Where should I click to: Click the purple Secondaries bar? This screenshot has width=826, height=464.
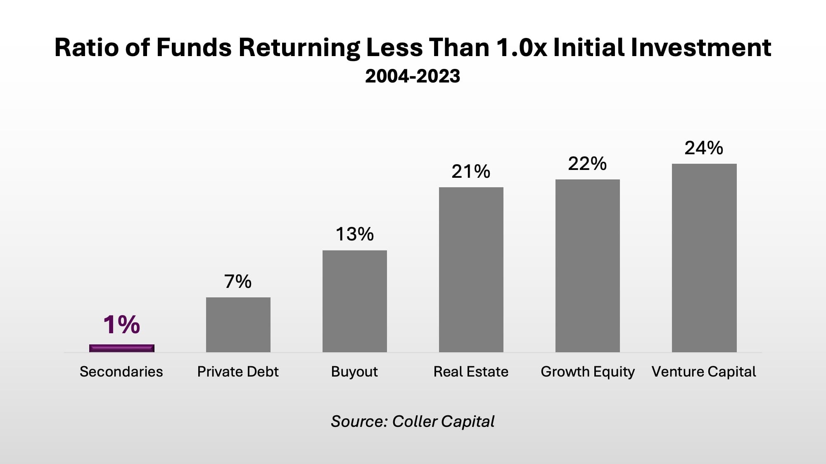pos(122,348)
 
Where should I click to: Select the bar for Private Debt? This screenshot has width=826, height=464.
pos(238,325)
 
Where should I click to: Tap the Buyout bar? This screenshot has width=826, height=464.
pos(355,301)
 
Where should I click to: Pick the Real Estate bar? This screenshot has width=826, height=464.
pos(471,270)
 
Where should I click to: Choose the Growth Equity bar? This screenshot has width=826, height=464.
pos(588,266)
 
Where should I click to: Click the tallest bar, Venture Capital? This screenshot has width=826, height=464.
pos(704,258)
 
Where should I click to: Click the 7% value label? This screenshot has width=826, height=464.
pos(238,282)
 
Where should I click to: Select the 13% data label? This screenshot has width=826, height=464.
pos(355,234)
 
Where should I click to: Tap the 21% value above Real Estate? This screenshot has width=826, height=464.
pos(471,172)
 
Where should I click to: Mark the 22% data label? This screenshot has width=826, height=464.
pos(587,164)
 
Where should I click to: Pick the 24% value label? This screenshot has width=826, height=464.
pos(704,148)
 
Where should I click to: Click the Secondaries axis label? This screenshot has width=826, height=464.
pos(121,372)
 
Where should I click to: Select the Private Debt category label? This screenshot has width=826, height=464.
pos(238,372)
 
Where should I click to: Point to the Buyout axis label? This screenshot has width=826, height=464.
pos(354,372)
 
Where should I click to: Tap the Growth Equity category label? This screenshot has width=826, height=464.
pos(588,372)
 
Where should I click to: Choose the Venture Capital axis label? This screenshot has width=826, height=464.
pos(704,372)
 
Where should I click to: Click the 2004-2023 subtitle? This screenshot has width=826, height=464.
pos(413,76)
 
